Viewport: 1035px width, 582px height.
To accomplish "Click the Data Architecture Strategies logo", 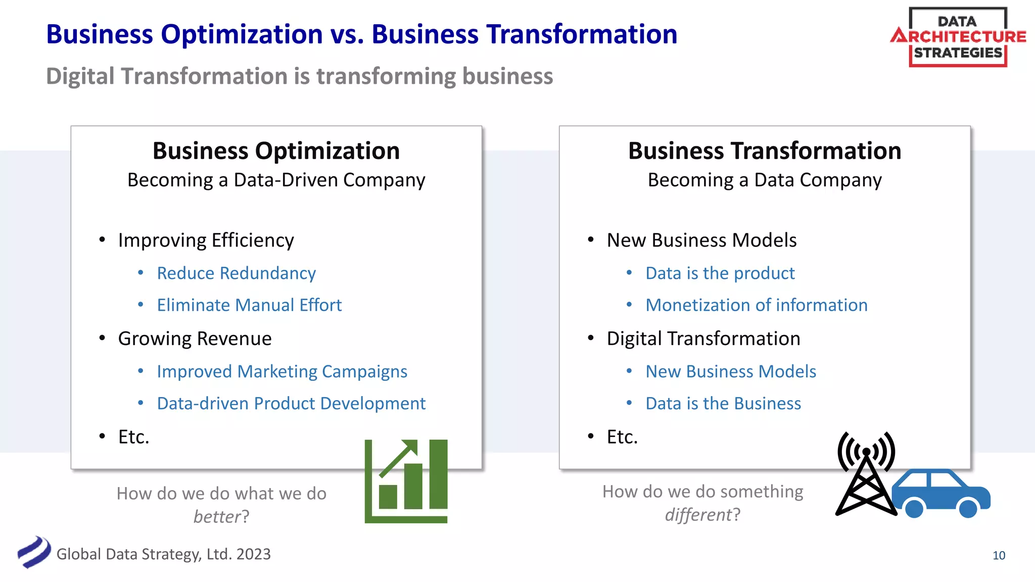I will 958,37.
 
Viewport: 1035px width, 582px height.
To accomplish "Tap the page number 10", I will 999,555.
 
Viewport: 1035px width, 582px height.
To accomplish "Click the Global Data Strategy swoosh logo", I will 34,552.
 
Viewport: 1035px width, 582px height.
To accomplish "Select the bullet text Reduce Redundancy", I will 236,273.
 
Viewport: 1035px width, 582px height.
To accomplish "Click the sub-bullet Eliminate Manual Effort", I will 249,305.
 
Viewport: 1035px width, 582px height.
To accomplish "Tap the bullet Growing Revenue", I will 195,338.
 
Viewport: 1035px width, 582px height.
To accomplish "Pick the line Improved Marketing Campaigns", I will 282,372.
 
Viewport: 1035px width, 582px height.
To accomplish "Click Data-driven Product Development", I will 291,404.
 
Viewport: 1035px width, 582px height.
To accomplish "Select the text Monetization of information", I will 756,305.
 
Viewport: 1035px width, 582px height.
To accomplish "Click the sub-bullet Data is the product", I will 720,273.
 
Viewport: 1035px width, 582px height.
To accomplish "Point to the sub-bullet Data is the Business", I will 723,404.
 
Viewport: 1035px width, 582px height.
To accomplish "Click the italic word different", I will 698,515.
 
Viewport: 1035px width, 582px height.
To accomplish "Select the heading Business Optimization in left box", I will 276,151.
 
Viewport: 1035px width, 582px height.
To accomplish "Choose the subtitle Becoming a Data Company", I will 765,180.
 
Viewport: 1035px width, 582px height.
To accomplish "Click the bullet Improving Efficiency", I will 206,240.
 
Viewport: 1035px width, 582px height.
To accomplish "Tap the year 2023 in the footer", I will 254,554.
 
